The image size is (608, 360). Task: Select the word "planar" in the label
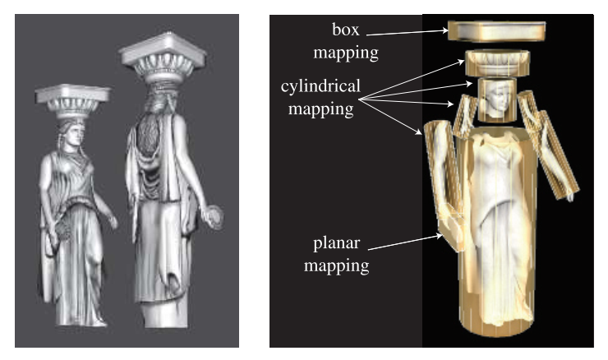pos(339,244)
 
